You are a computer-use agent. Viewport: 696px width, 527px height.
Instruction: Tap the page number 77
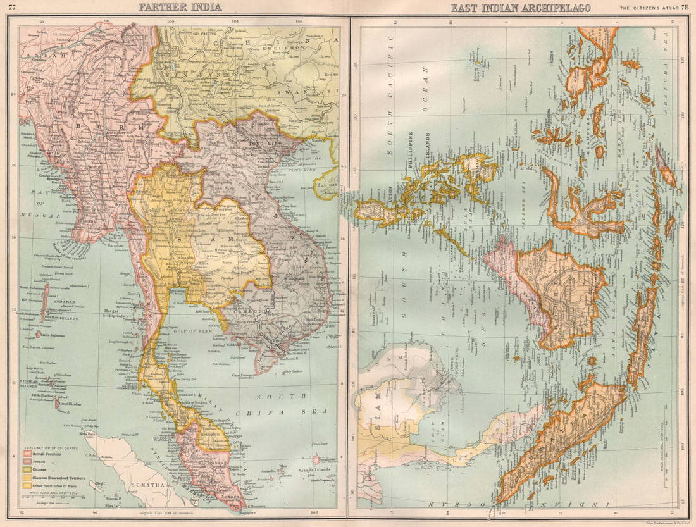pyautogui.click(x=13, y=8)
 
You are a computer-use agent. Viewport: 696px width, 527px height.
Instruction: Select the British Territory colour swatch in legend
pyautogui.click(x=27, y=453)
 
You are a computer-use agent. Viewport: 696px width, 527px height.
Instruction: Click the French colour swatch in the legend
pyautogui.click(x=27, y=461)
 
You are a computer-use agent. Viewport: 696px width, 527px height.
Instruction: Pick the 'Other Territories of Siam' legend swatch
pyautogui.click(x=27, y=485)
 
